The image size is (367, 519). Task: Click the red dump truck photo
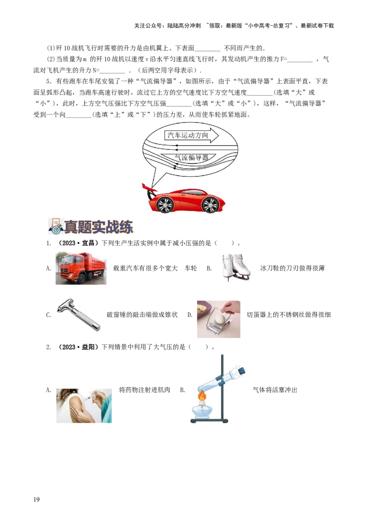click(x=82, y=268)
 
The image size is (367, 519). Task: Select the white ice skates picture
click(x=234, y=267)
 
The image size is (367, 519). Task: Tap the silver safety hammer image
click(x=78, y=314)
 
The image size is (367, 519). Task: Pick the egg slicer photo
click(x=218, y=319)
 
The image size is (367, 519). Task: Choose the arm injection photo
click(x=84, y=405)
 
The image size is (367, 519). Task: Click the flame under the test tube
click(x=201, y=395)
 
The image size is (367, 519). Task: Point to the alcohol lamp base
click(x=202, y=413)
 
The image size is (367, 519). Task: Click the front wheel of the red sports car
click(x=210, y=204)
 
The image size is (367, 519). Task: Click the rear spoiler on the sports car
click(x=147, y=188)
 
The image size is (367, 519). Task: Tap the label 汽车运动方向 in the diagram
click(x=188, y=135)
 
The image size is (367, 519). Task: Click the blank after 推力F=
click(x=300, y=59)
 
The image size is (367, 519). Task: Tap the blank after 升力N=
click(x=112, y=70)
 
